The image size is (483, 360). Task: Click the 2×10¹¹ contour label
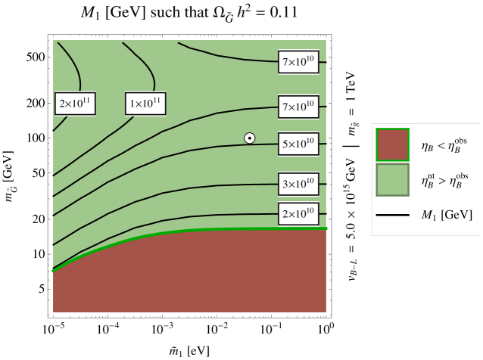75,104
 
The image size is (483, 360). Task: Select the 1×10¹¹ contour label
145,104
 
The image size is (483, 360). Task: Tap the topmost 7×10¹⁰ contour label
298,63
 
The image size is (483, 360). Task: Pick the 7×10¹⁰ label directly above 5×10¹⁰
298,107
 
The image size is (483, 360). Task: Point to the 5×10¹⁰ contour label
298,144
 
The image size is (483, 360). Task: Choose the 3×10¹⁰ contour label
298,184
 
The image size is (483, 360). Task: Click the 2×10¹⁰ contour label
298,214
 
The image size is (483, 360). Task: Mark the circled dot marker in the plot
249,138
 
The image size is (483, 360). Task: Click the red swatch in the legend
392,144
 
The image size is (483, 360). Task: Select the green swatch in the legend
392,180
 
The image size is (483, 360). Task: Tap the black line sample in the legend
392,216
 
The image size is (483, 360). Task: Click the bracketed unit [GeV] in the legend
457,216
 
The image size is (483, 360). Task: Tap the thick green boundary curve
189,231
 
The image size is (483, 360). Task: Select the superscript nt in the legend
431,175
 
